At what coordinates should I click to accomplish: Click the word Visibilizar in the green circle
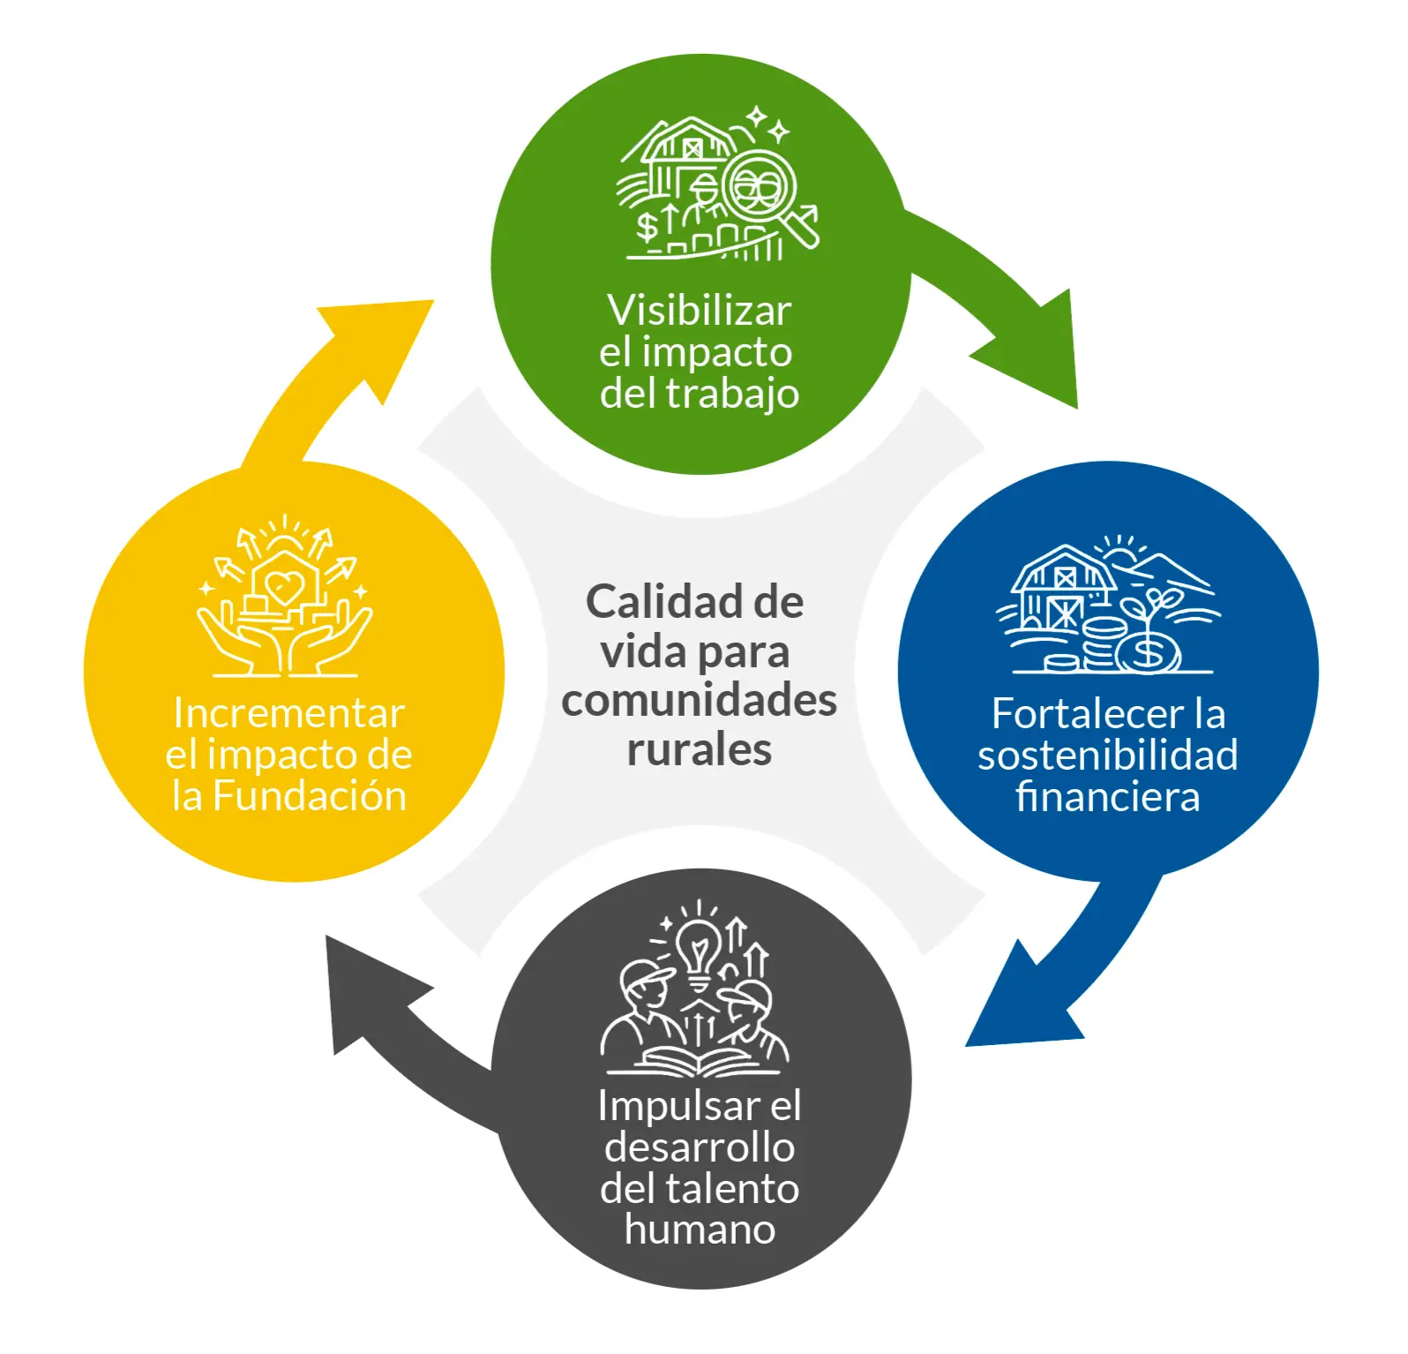pyautogui.click(x=699, y=311)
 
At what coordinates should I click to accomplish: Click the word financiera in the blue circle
pyautogui.click(x=1107, y=796)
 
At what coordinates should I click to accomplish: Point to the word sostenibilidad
pyautogui.click(x=1107, y=755)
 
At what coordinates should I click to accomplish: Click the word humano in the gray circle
pyautogui.click(x=700, y=1229)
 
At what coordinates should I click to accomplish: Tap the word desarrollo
pyautogui.click(x=700, y=1147)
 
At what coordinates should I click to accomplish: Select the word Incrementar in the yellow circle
pyautogui.click(x=288, y=713)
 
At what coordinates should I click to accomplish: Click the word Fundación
pyautogui.click(x=310, y=796)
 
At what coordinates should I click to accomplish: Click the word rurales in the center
pyautogui.click(x=699, y=749)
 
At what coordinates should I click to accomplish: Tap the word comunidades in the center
pyautogui.click(x=699, y=701)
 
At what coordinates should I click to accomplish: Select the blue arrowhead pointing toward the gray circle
pyautogui.click(x=1015, y=1006)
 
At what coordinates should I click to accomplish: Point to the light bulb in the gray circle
pyautogui.click(x=699, y=949)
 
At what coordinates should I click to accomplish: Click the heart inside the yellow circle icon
pyautogui.click(x=284, y=584)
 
